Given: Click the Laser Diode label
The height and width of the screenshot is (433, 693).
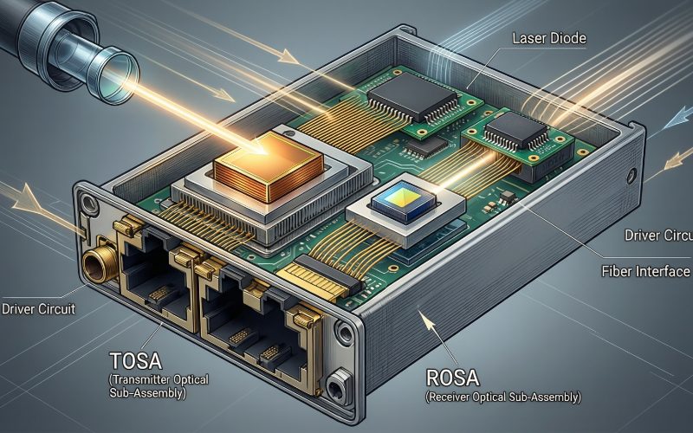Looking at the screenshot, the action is pos(549,38).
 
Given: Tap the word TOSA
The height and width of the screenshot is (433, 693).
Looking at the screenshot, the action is pos(136,361).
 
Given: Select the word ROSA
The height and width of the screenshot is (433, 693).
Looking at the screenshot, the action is pos(452,378).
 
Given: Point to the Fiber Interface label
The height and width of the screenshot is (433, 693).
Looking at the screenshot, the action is pos(645,271).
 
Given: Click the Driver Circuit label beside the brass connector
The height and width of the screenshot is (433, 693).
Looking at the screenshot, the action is pos(38,308).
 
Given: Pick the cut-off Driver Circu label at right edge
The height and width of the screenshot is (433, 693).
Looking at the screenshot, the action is pos(658,235).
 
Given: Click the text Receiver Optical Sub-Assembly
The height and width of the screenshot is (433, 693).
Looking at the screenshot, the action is pos(503,397).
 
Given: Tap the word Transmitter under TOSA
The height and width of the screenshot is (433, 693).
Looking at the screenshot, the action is pos(141,379).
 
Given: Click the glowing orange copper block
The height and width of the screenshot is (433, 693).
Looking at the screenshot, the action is pos(269,166).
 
